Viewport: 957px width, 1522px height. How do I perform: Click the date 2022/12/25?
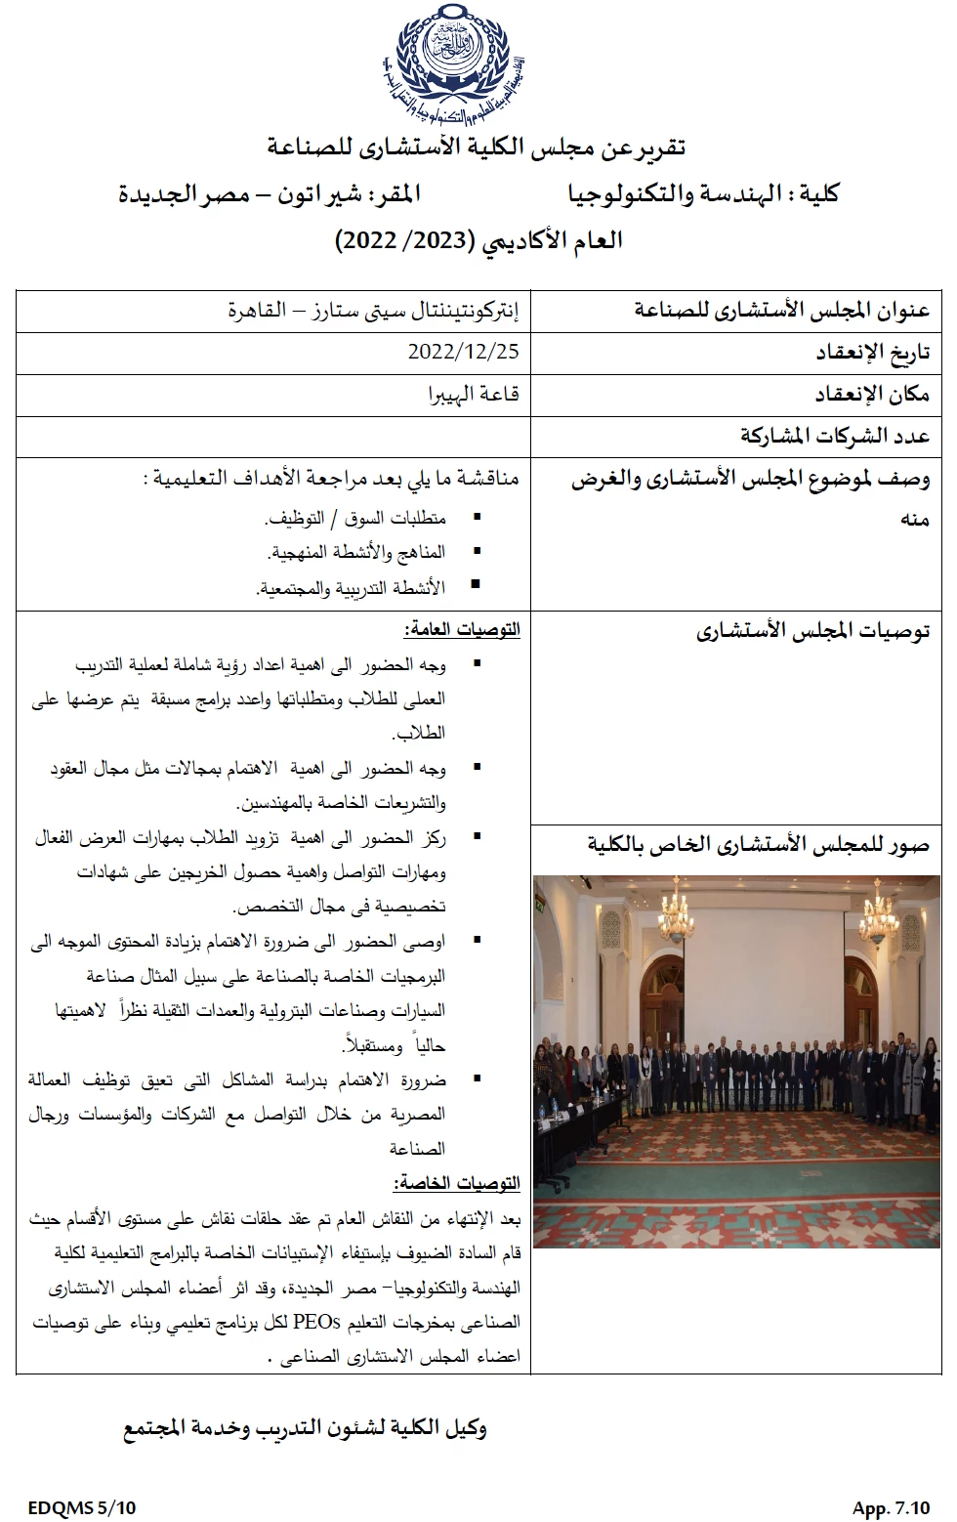[x=464, y=350]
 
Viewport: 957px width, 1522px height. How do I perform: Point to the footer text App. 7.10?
[x=891, y=1507]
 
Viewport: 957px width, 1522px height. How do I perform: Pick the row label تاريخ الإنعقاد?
[x=872, y=352]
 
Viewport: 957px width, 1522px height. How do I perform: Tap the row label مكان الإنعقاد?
[x=872, y=394]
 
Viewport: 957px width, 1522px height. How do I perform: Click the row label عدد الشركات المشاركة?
[x=835, y=436]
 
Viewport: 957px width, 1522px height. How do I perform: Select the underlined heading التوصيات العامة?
[x=462, y=630]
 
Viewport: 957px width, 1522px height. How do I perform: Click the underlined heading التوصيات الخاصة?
[x=456, y=1183]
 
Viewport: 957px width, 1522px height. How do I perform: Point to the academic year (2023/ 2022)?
[x=406, y=240]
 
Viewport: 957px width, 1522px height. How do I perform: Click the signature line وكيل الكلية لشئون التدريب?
[x=304, y=1428]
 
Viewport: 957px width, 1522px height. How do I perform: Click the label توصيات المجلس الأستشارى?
[x=812, y=631]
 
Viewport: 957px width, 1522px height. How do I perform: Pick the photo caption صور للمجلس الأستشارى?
[x=759, y=844]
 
